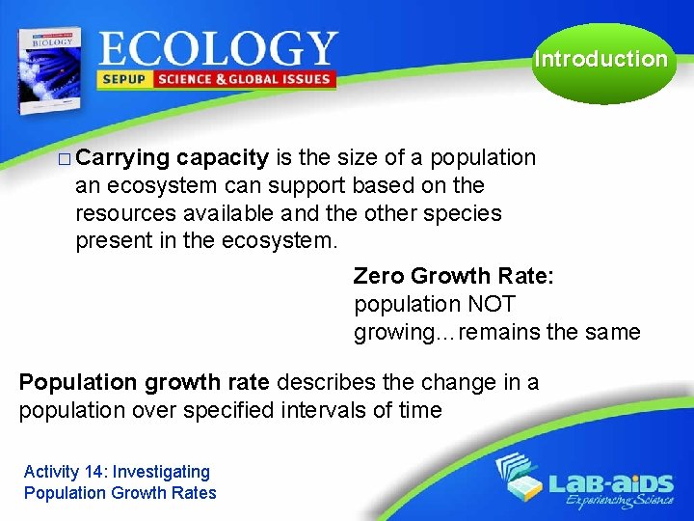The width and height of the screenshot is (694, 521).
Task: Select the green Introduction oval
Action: click(601, 60)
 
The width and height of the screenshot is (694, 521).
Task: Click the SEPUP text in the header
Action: click(124, 79)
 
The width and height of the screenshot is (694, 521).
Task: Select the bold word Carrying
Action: click(122, 158)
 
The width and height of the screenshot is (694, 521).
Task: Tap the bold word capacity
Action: click(223, 158)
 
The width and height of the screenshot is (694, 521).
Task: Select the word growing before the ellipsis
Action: click(393, 333)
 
